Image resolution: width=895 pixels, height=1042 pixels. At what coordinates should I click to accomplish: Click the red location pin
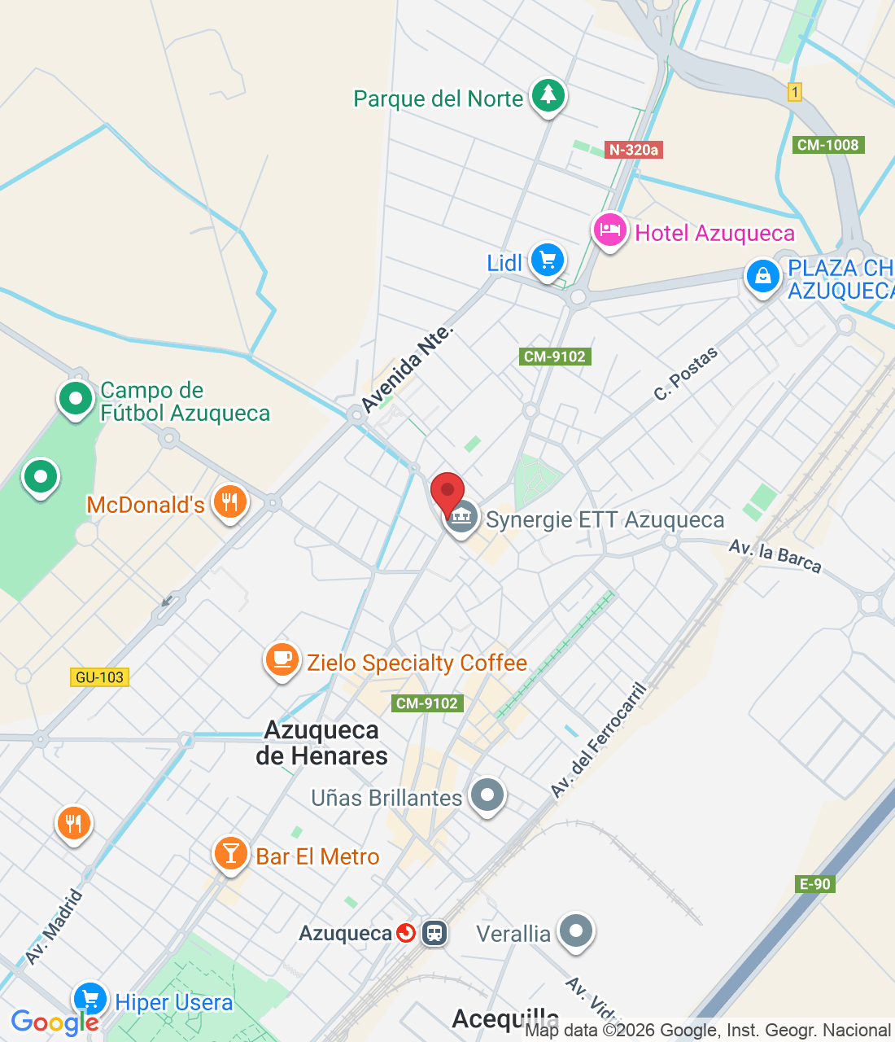coord(447,493)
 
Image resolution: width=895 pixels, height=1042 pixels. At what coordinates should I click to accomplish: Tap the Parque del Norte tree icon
coord(548,95)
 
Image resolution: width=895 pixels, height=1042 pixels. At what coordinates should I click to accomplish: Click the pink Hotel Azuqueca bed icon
coord(609,230)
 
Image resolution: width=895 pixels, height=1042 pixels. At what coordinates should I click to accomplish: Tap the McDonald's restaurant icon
coord(230,502)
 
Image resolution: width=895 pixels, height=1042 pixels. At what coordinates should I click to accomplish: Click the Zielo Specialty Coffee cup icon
coord(282,659)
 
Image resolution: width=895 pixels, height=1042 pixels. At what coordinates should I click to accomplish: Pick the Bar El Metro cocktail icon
coord(231,854)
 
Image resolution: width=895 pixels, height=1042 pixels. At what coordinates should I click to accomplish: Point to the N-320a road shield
coord(635,150)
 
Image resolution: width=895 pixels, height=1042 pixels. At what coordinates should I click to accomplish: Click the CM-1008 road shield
coord(827,145)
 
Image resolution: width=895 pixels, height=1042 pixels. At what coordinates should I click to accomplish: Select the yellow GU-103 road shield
coord(99,677)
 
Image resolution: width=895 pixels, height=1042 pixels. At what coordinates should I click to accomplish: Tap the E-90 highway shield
coord(814,884)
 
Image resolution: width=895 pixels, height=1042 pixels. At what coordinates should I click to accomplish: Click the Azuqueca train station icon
coord(434,933)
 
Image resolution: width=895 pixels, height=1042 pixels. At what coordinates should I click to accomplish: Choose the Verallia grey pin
coord(576,930)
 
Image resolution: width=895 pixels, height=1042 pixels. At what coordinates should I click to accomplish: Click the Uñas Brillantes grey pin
coord(487,795)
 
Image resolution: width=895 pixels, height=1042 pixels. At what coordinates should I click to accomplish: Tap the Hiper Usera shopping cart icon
coord(90,1000)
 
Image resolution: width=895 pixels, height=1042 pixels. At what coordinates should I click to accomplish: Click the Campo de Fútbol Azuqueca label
coord(185,401)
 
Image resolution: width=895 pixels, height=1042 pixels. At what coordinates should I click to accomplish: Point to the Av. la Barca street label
coord(775,555)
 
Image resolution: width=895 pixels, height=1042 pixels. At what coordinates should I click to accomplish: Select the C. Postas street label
coord(686,373)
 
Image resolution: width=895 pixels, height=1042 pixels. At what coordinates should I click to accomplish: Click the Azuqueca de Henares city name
coord(322,742)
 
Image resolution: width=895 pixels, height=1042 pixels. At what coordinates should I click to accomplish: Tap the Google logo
coord(55,1022)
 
